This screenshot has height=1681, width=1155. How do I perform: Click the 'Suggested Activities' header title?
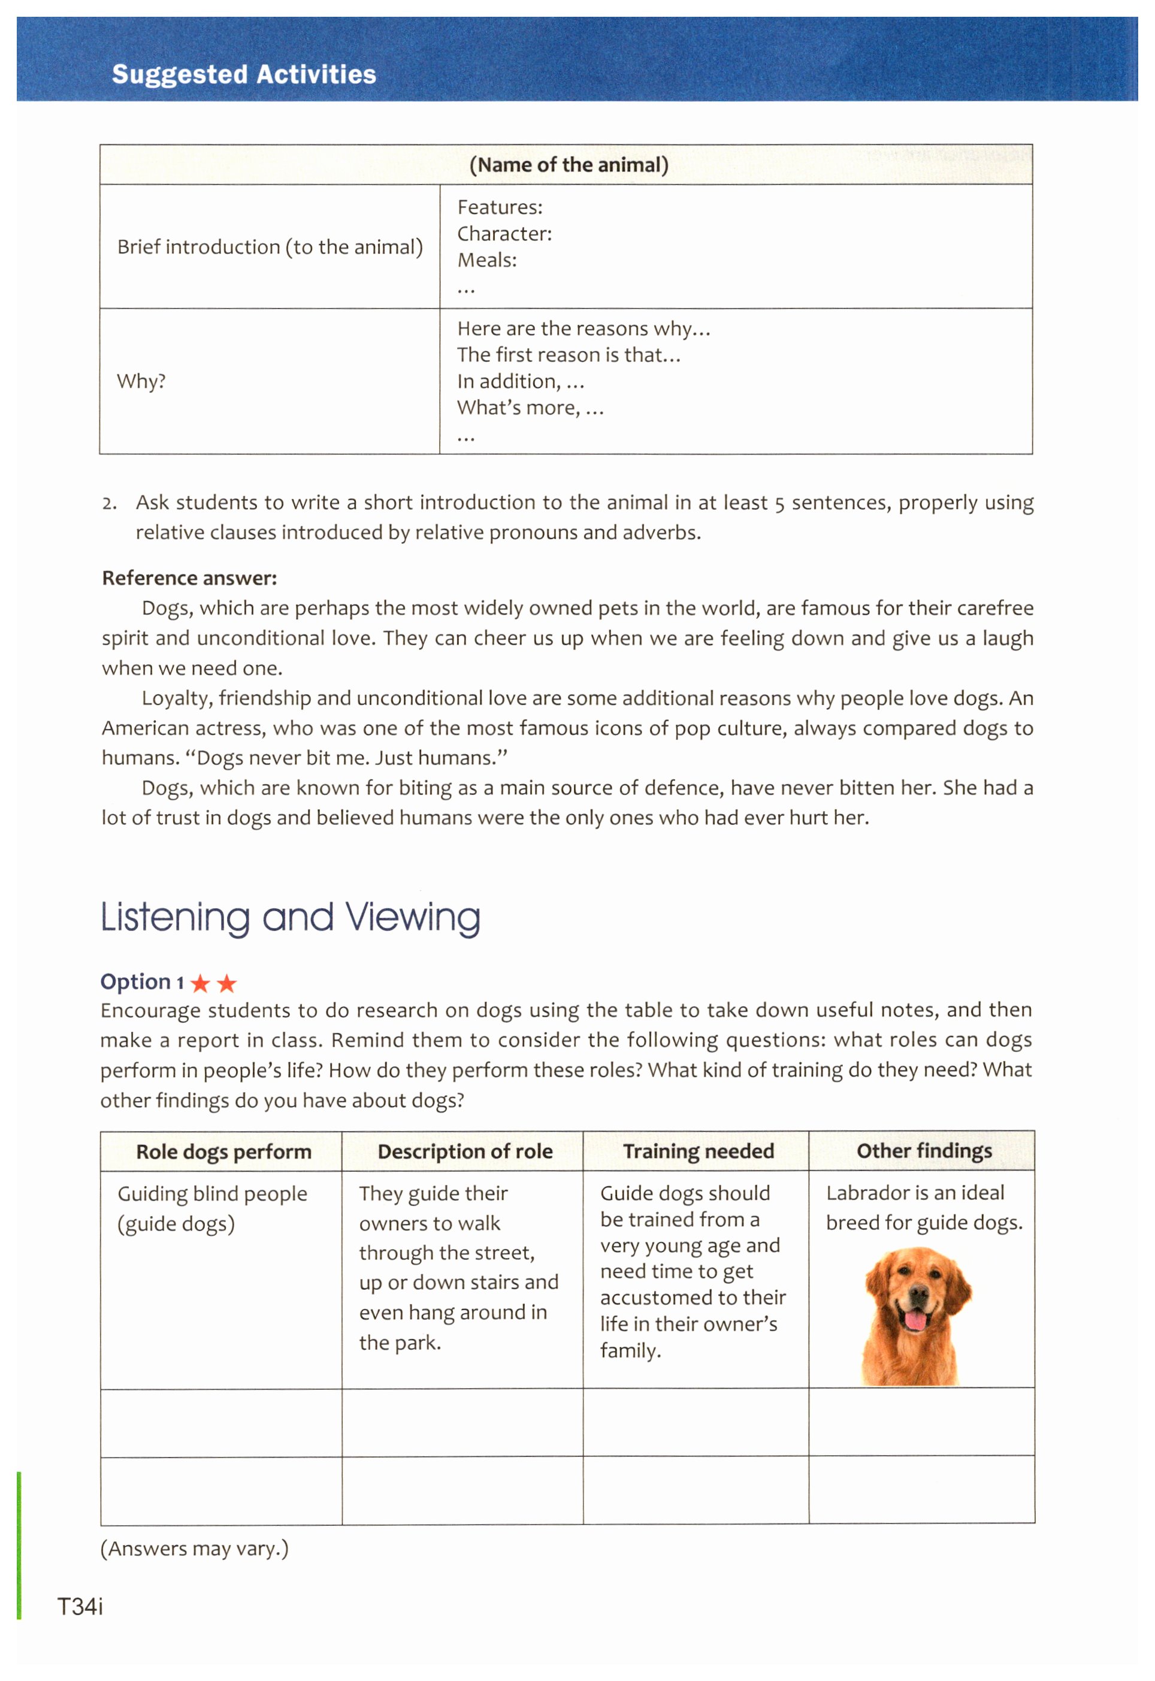pos(244,74)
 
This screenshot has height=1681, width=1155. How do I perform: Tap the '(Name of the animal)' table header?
pos(569,165)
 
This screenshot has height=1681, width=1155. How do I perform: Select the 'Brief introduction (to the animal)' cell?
pos(270,247)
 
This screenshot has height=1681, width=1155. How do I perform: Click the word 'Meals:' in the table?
pos(487,261)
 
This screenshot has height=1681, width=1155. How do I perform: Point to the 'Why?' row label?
pos(141,382)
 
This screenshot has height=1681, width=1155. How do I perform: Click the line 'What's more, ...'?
pos(530,408)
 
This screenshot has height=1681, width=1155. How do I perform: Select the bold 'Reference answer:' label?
pos(190,578)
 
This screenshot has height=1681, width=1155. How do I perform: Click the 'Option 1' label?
pos(142,982)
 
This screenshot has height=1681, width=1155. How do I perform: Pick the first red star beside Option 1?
pos(201,984)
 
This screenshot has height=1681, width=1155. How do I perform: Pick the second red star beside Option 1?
pos(227,984)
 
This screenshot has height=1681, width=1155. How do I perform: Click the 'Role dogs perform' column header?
pos(223,1152)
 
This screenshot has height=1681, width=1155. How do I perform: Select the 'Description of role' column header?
pos(465,1152)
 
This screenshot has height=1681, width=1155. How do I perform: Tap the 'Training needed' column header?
pos(699,1151)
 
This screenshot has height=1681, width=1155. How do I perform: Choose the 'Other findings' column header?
pos(924,1151)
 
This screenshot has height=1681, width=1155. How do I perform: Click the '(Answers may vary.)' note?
pos(194,1549)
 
